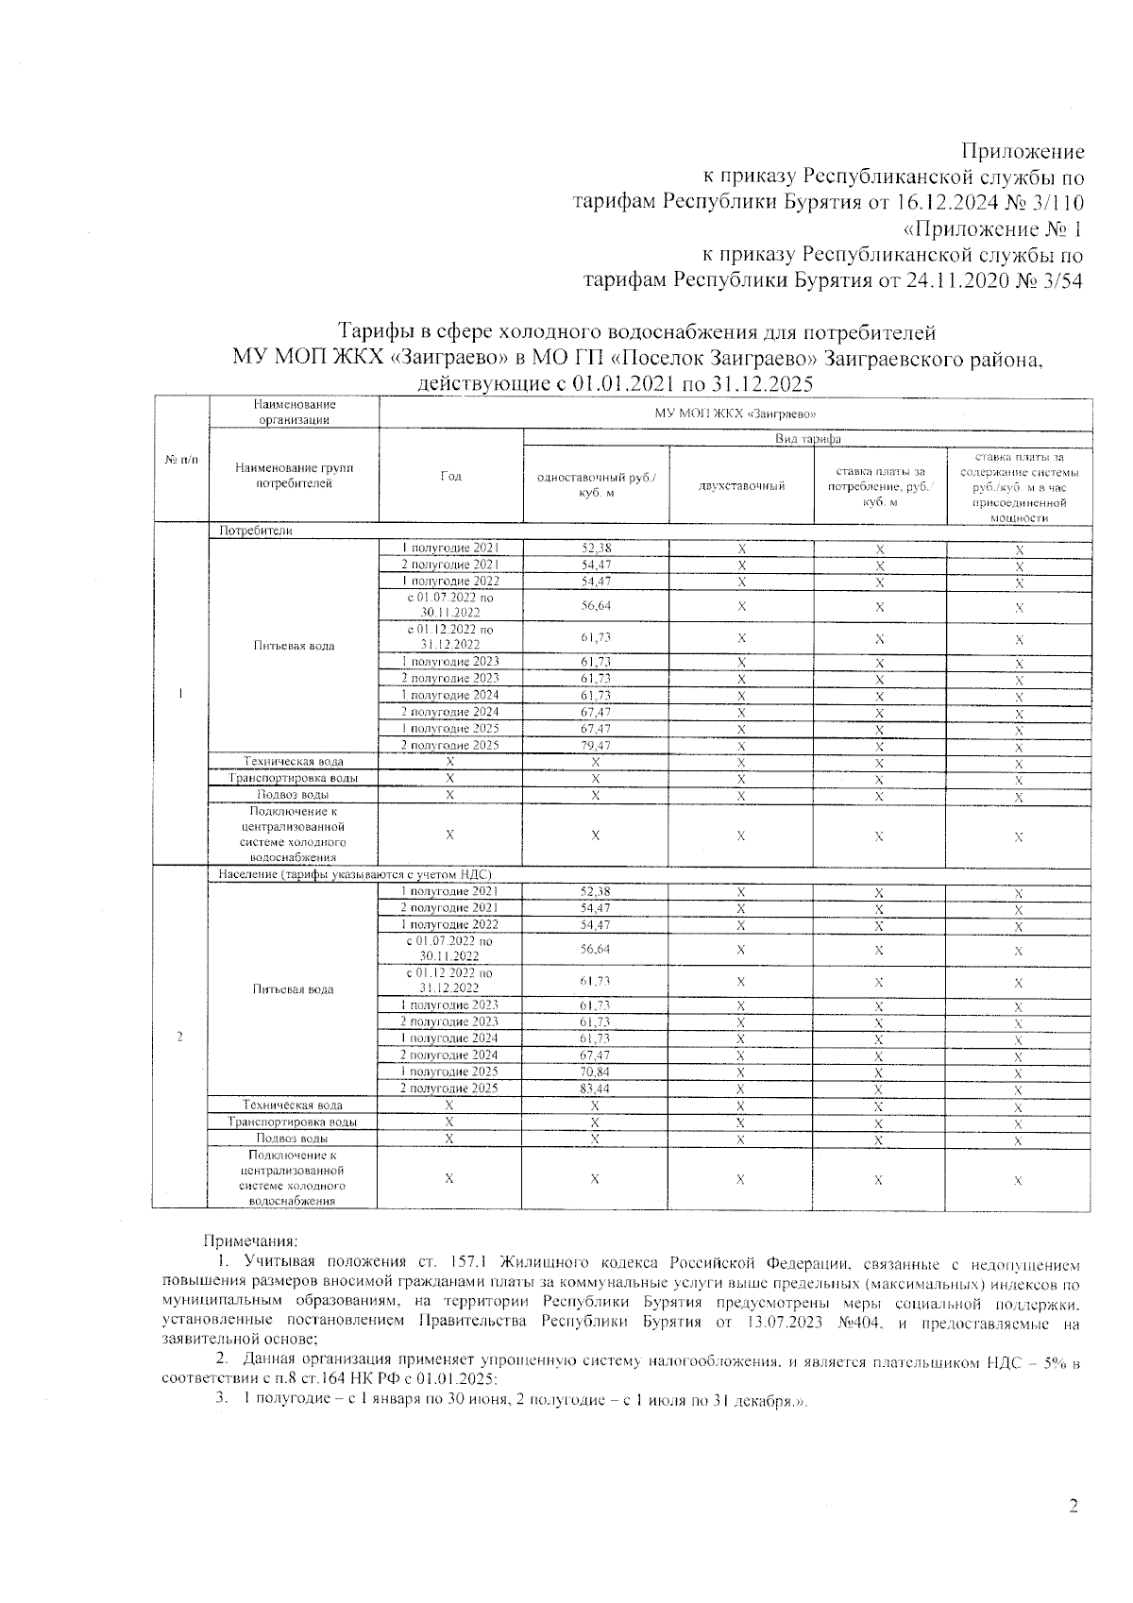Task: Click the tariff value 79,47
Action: [595, 746]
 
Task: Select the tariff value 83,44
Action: [595, 1088]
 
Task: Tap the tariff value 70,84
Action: [595, 1071]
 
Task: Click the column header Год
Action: [451, 476]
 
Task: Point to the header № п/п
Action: [181, 460]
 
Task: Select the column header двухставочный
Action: [742, 485]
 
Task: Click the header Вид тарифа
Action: [807, 439]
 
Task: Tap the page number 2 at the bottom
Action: [1074, 1506]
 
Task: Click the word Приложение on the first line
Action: [1023, 151]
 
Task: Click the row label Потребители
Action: [255, 531]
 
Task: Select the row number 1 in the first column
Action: [180, 694]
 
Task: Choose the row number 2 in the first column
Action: [180, 1037]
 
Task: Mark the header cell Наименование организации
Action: [296, 413]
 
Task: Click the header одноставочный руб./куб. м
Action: [596, 485]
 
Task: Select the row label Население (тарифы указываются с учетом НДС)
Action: [355, 874]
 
